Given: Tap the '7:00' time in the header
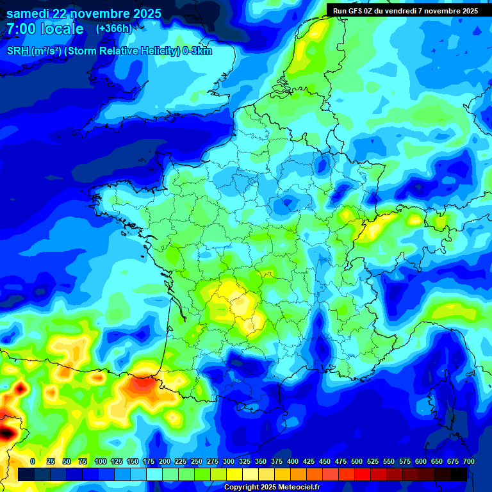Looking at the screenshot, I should pos(19,29).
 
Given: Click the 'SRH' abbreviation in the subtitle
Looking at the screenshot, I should pos(18,51).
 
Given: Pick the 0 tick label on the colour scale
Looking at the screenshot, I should pos(33,461).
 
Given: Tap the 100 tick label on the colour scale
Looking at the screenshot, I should pos(101,461).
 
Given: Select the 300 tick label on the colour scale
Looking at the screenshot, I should pos(229,461).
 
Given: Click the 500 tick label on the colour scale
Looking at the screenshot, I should pos(357,461).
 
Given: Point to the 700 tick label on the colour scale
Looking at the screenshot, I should pos(469,461).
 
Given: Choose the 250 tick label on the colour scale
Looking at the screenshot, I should pos(197,461).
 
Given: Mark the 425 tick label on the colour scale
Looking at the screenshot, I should pos(309,461).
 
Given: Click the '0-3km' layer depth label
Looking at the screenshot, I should pos(197,51).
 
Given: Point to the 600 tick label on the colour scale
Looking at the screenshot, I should pos(421,461).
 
